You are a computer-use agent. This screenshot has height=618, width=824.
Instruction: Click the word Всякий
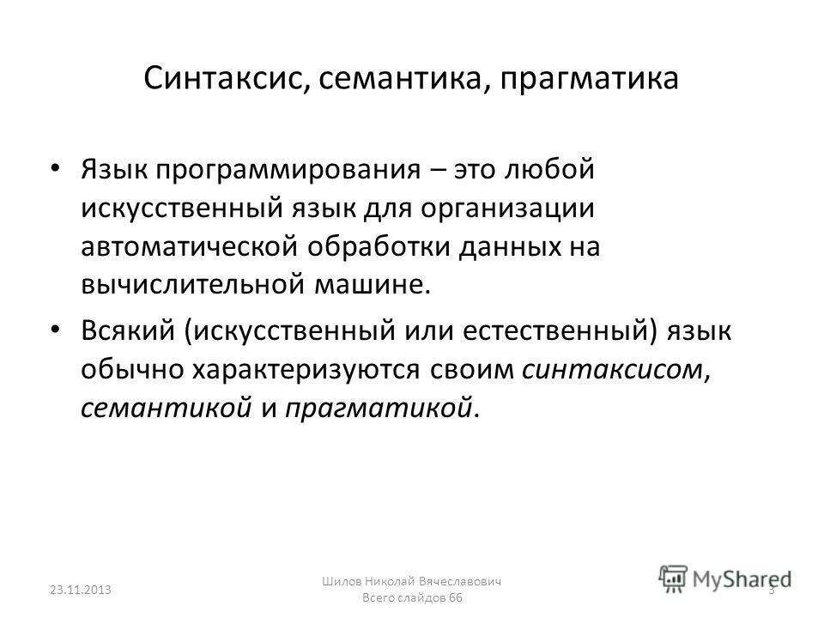124,330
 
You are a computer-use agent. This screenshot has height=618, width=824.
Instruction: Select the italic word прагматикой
379,408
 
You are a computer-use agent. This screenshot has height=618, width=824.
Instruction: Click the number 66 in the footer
454,598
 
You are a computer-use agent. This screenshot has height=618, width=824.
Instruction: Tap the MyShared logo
725,578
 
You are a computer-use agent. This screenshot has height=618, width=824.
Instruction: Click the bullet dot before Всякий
57,328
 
